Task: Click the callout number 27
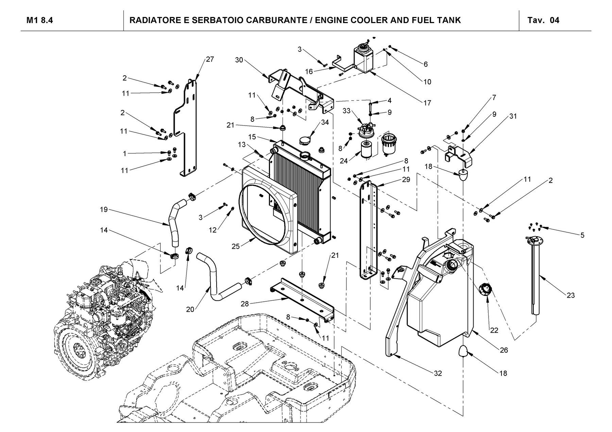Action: (210, 59)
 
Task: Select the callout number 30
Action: (239, 60)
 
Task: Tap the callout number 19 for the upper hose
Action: (104, 210)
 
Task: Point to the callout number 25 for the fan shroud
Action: (236, 246)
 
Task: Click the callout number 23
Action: (571, 296)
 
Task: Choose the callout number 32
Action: (438, 373)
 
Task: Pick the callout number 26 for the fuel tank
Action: (504, 350)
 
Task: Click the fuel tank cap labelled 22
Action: (485, 290)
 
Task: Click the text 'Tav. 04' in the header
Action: (543, 20)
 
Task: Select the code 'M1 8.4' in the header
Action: (39, 20)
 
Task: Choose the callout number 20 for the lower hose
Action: (190, 309)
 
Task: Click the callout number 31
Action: (513, 116)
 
